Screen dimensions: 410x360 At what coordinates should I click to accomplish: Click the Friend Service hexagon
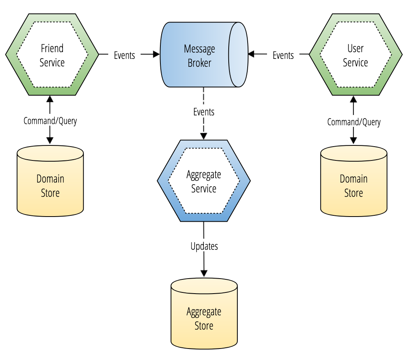pyautogui.click(x=52, y=55)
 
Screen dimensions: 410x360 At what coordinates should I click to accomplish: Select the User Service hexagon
pyautogui.click(x=355, y=55)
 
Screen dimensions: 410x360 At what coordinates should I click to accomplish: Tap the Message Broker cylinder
pyautogui.click(x=204, y=55)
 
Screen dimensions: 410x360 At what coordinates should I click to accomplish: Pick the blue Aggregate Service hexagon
pyautogui.click(x=204, y=181)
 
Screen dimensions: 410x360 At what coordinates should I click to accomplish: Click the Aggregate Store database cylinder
pyautogui.click(x=204, y=313)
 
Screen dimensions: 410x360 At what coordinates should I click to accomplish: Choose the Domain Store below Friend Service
pyautogui.click(x=50, y=181)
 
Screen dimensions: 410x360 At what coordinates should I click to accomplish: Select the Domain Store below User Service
pyautogui.click(x=354, y=181)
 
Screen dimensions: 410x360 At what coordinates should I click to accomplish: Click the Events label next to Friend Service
pyautogui.click(x=124, y=55)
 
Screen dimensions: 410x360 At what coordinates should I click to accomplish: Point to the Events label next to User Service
pyautogui.click(x=283, y=55)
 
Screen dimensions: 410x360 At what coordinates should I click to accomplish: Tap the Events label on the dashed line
pyautogui.click(x=204, y=112)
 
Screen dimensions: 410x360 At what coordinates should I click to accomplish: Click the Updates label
pyautogui.click(x=204, y=246)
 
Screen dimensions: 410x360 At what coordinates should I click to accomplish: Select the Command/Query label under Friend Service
pyautogui.click(x=50, y=121)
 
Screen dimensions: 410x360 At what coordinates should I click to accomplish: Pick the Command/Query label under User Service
pyautogui.click(x=354, y=122)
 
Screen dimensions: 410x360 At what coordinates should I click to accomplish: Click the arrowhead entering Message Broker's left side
pyautogui.click(x=156, y=54)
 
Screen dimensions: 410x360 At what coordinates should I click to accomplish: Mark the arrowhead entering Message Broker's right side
pyautogui.click(x=251, y=54)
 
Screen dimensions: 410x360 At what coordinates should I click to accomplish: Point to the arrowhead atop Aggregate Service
pyautogui.click(x=204, y=136)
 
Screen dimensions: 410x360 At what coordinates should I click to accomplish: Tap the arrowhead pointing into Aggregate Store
pyautogui.click(x=204, y=273)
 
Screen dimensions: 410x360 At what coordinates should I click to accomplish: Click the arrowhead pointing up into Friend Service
pyautogui.click(x=50, y=99)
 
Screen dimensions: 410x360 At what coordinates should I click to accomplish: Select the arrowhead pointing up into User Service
pyautogui.click(x=354, y=100)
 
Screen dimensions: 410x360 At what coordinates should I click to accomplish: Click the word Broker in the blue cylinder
pyautogui.click(x=199, y=63)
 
